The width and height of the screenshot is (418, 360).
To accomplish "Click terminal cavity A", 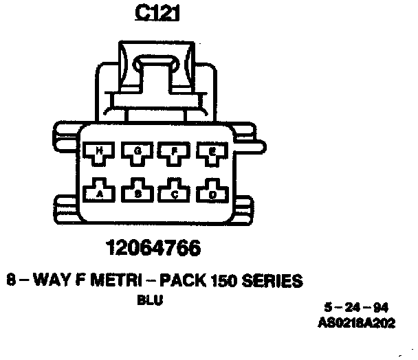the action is pyautogui.click(x=100, y=192).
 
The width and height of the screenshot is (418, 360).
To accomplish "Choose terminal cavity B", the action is pyautogui.click(x=137, y=193).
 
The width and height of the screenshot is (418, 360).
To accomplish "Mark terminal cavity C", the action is pyautogui.click(x=175, y=193).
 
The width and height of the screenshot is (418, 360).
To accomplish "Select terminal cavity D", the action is pyautogui.click(x=212, y=193).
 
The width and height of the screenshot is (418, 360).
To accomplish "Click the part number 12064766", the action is pyautogui.click(x=154, y=248).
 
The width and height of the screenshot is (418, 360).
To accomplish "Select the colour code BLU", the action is pyautogui.click(x=150, y=300).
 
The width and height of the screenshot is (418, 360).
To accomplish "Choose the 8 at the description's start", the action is pyautogui.click(x=10, y=280).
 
